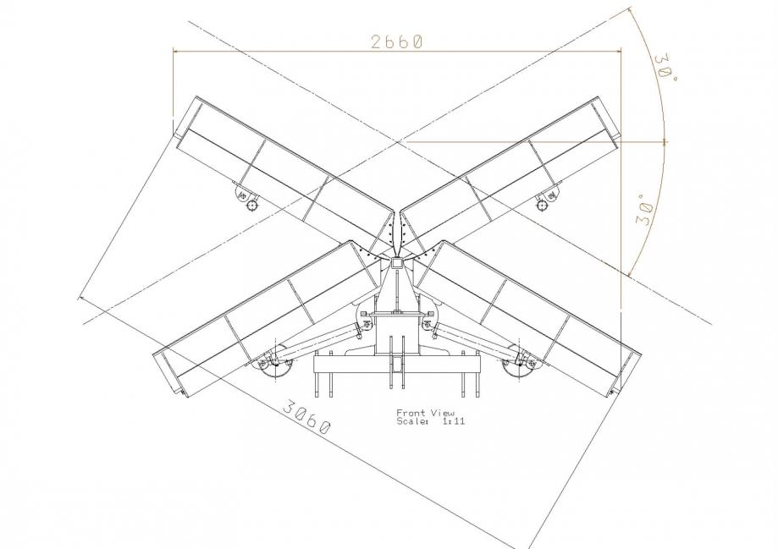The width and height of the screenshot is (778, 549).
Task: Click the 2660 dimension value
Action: click(x=397, y=41)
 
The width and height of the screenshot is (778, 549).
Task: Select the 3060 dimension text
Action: click(x=306, y=415)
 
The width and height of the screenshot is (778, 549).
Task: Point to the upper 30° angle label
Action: click(x=665, y=69)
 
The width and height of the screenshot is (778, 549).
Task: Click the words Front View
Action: click(x=425, y=413)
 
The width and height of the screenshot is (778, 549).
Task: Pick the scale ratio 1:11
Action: click(x=454, y=421)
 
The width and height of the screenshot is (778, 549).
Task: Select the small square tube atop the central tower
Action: click(x=396, y=264)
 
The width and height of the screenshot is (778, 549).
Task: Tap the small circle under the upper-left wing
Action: click(x=252, y=205)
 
